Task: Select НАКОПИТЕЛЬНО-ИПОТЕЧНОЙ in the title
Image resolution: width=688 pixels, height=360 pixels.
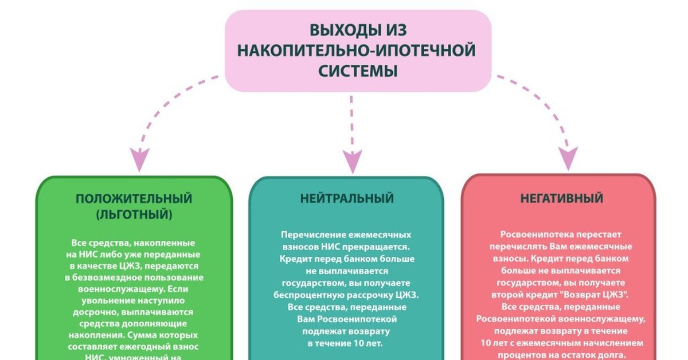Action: [357, 50]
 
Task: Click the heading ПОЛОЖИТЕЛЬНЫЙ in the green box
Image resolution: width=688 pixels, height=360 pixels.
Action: [134, 199]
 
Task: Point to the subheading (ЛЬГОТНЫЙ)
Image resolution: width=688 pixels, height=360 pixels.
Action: [134, 216]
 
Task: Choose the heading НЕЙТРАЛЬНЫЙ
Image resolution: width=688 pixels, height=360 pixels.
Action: [347, 199]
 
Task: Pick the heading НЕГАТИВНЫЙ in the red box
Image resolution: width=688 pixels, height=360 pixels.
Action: [561, 199]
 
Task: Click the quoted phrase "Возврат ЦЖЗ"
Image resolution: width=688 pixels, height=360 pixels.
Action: [600, 295]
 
